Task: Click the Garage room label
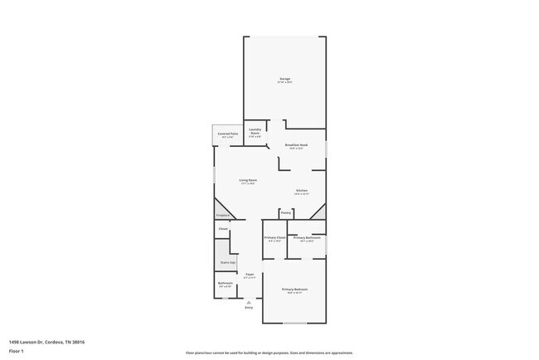click(284, 80)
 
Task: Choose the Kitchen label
click(302, 191)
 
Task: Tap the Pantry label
click(285, 212)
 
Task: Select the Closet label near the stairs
click(223, 228)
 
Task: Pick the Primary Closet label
click(274, 238)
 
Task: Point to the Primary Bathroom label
click(306, 238)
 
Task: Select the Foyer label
click(249, 274)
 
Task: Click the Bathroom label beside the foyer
click(225, 284)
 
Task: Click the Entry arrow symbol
click(248, 303)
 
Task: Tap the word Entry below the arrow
click(248, 309)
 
